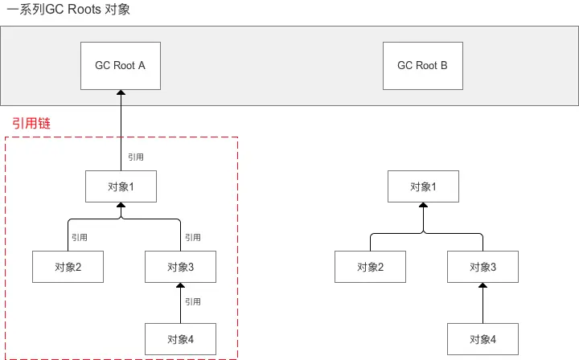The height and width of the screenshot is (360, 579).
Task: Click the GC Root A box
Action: [121, 66]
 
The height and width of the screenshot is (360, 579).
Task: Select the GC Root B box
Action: [423, 66]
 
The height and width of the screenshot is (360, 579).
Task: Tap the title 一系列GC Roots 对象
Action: [68, 9]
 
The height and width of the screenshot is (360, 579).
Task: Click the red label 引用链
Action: [31, 123]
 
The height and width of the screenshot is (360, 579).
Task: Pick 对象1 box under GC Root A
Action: [121, 186]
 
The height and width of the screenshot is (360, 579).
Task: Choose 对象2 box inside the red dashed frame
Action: [68, 267]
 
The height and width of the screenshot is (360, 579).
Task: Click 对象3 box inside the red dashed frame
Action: [181, 267]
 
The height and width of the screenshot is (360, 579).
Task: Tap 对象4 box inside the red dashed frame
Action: [181, 339]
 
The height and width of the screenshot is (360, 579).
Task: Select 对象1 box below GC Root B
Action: [423, 186]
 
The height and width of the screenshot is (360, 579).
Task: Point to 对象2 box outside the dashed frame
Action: [371, 267]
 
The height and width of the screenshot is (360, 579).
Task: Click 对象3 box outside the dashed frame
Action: [483, 267]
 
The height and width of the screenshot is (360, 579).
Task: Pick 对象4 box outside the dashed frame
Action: [483, 339]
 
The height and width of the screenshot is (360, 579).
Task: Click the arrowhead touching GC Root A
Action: [121, 92]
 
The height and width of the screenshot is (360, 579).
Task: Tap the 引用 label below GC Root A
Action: [136, 157]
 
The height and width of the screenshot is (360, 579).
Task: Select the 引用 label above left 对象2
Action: [80, 237]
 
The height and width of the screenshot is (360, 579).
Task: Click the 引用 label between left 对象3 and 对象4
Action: [193, 301]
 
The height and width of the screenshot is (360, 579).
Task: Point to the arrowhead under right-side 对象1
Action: [423, 205]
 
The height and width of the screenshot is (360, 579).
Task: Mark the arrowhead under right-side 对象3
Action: [483, 285]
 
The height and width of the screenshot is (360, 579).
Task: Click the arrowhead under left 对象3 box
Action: [181, 285]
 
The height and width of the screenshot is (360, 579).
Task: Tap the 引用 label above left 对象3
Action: [193, 237]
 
